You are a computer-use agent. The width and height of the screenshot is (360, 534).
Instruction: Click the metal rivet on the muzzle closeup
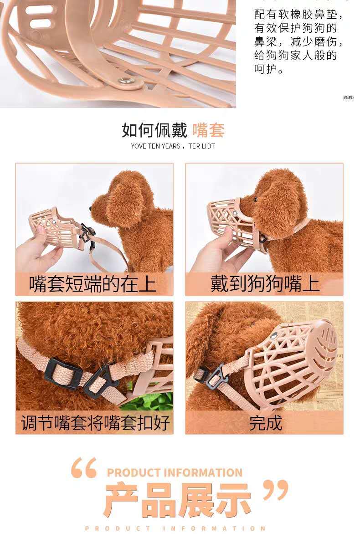[126, 80]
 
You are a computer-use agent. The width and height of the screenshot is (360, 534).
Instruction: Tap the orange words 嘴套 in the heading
[208, 130]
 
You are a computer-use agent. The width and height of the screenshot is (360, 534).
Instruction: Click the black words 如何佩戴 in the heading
[154, 130]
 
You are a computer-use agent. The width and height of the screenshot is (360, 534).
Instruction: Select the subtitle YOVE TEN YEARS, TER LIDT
[173, 146]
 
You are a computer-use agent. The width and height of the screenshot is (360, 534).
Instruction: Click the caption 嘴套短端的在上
[93, 284]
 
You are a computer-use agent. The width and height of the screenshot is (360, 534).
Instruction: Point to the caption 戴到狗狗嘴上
[265, 284]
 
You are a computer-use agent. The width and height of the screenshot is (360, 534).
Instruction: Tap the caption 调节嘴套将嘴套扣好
[95, 423]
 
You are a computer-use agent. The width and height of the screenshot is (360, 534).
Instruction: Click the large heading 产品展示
[177, 499]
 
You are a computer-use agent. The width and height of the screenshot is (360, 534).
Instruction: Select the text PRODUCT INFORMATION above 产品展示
[175, 472]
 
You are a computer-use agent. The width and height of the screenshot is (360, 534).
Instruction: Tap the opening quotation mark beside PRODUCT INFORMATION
[84, 467]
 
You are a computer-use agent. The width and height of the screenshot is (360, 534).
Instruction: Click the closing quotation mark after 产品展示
[276, 490]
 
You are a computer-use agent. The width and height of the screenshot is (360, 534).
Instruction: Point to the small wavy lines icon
[348, 98]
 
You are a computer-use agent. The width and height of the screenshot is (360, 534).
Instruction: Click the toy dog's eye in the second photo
[255, 199]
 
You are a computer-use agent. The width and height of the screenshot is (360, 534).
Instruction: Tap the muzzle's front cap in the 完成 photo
[325, 344]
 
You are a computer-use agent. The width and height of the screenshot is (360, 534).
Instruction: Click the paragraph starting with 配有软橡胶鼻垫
[298, 41]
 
